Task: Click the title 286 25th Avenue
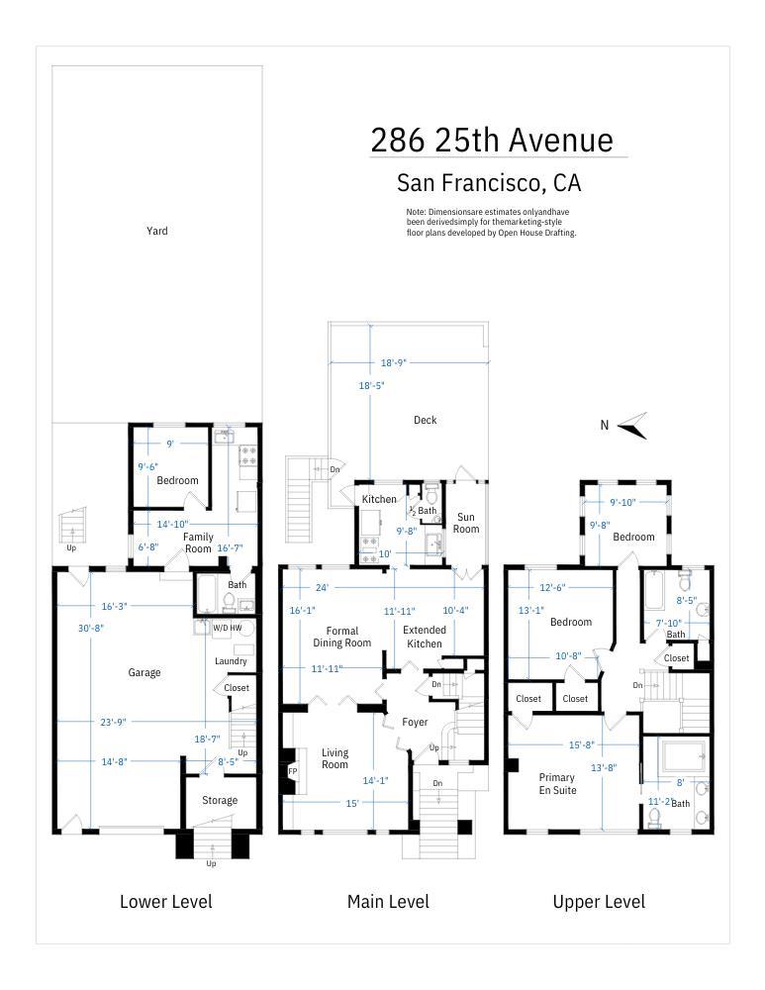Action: (492, 141)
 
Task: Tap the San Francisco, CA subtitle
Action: (488, 183)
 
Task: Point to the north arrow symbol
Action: (631, 426)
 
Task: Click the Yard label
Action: (156, 231)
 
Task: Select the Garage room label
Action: (143, 672)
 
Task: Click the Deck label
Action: (425, 420)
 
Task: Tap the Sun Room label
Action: (466, 523)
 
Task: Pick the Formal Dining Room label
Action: (341, 637)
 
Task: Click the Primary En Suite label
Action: (556, 783)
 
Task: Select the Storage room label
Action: (220, 800)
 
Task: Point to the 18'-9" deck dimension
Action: (409, 362)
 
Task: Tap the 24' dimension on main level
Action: (322, 587)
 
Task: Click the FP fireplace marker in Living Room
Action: (292, 771)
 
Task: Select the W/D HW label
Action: (227, 627)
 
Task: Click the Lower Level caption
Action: (165, 901)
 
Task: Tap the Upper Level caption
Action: (598, 901)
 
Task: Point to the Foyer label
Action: (415, 722)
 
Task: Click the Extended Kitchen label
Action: (424, 637)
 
